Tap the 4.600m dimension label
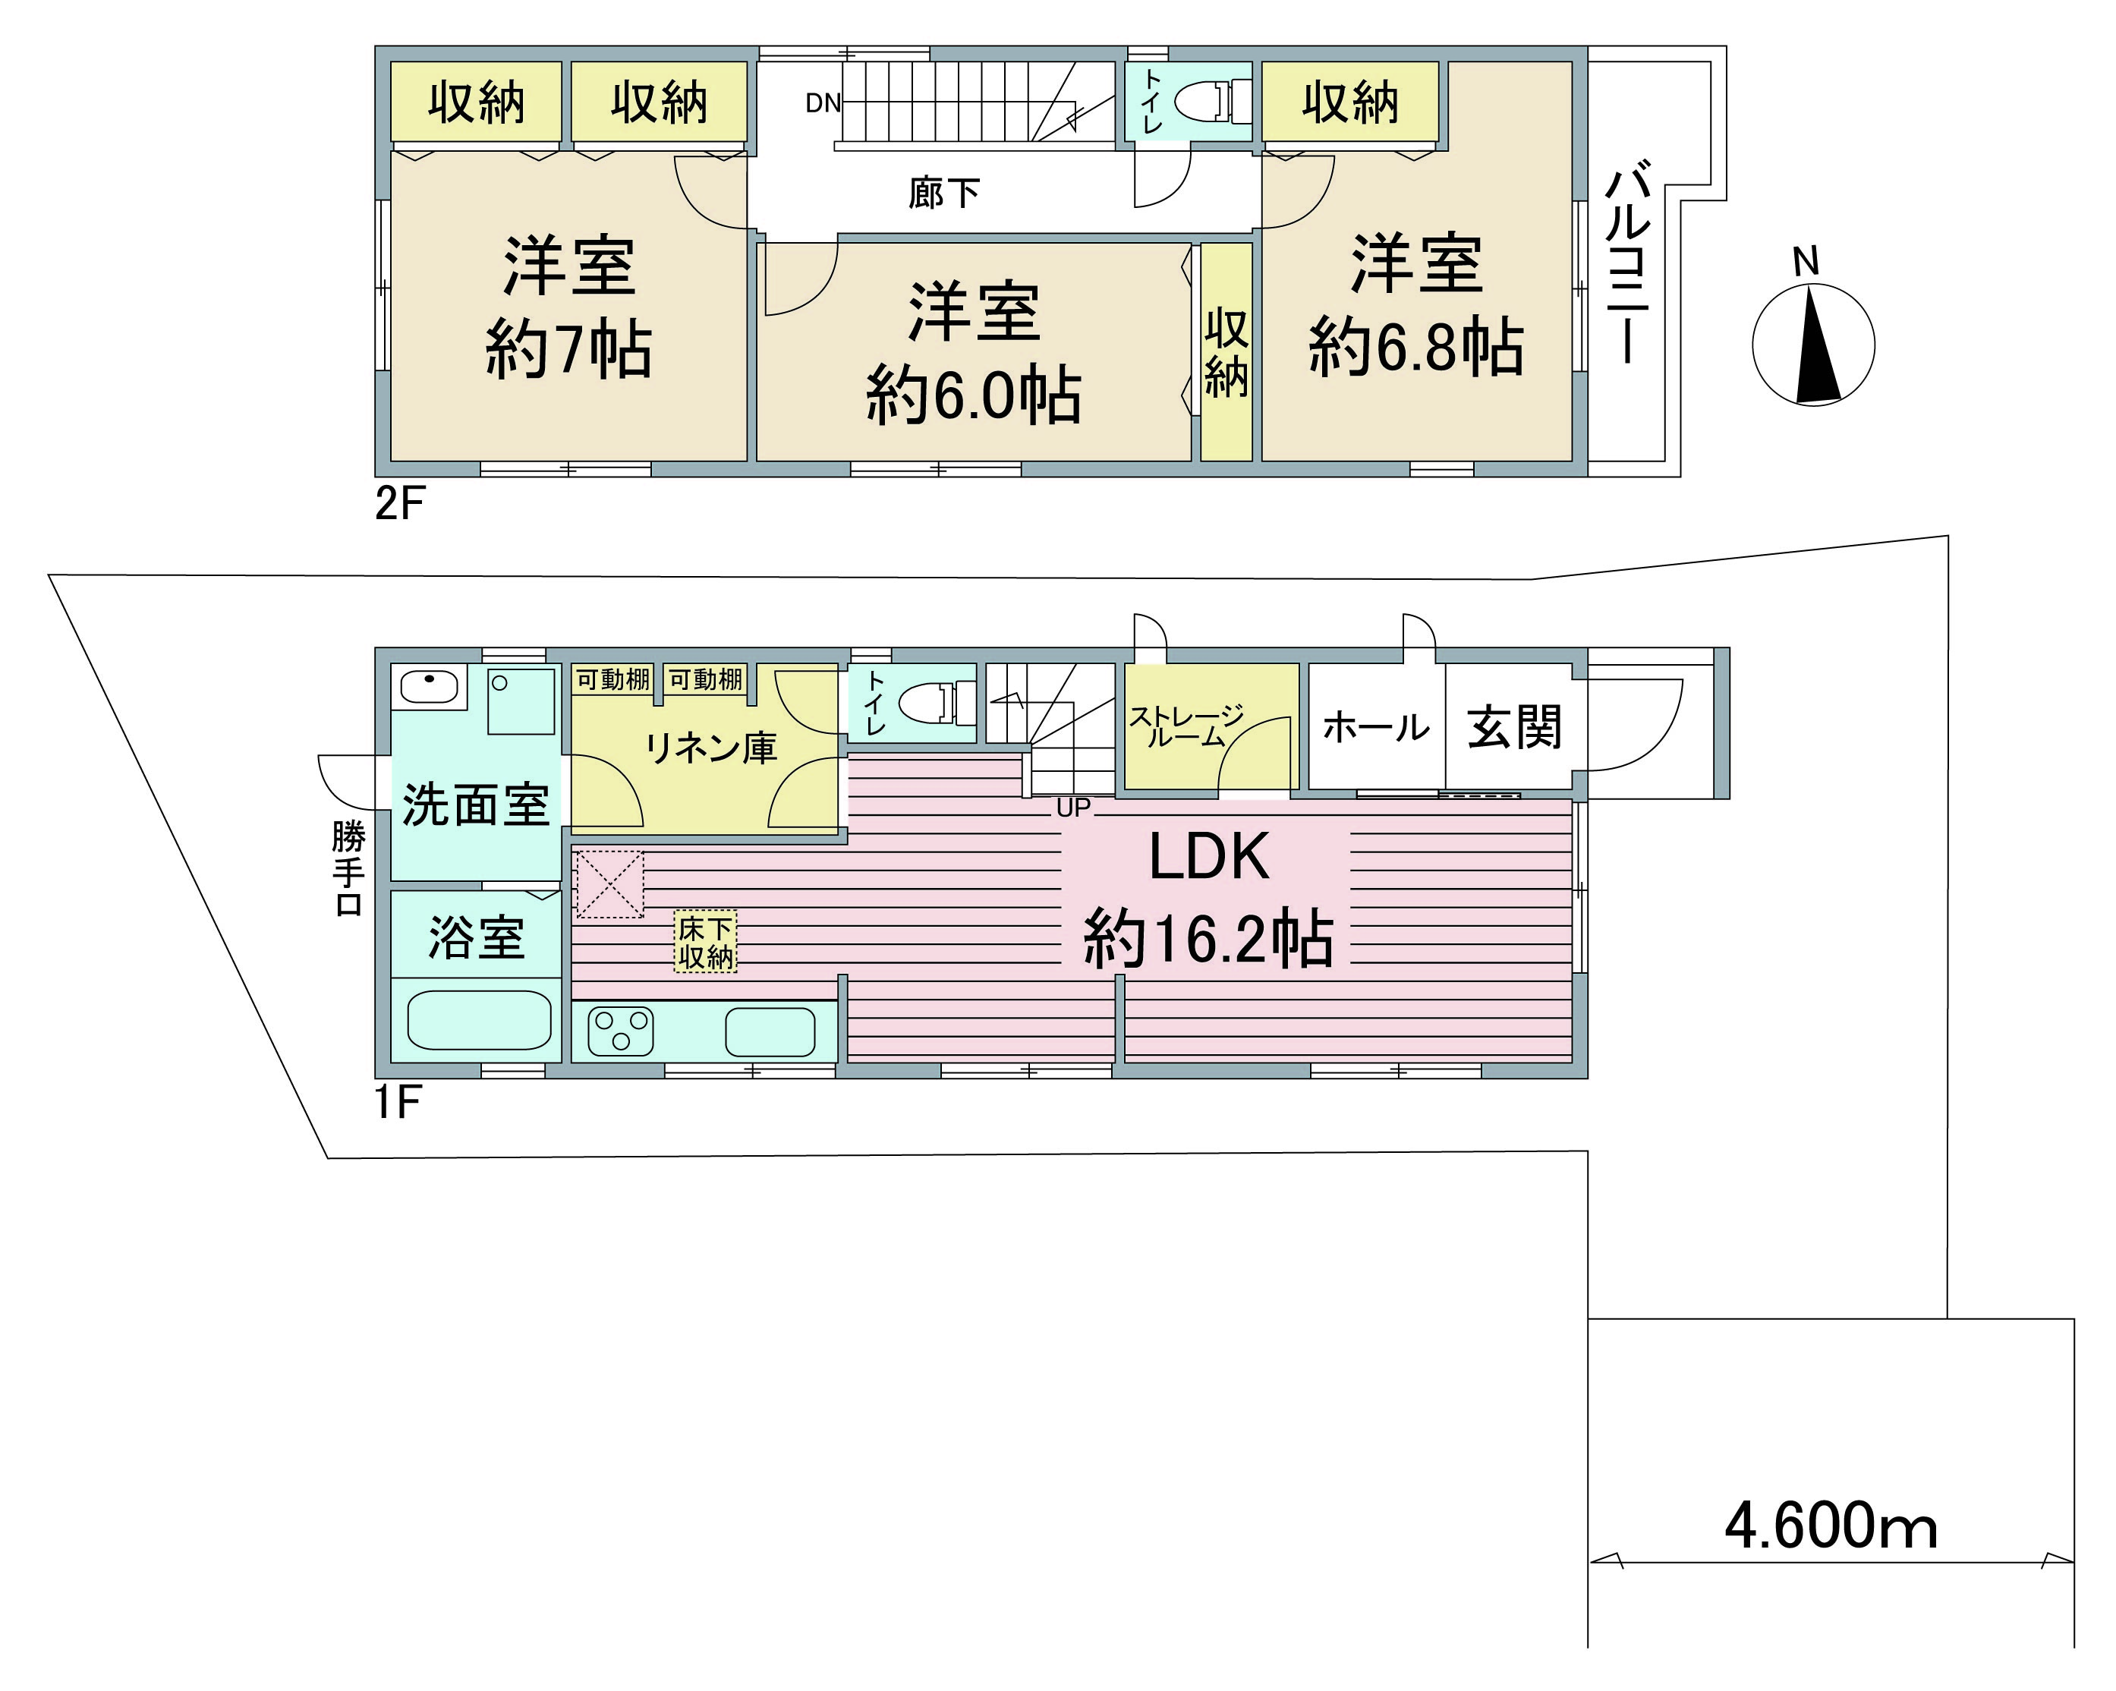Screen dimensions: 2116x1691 (x=1831, y=1526)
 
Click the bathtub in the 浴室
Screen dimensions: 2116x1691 (x=479, y=1020)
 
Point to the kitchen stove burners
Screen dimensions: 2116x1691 (x=620, y=1031)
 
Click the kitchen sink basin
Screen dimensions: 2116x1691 (x=770, y=1031)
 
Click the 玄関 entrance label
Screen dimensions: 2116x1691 (x=1514, y=727)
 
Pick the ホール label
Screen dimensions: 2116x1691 (x=1376, y=728)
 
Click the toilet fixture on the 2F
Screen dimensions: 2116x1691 (x=1213, y=101)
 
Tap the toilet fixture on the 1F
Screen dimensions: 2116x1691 (x=937, y=703)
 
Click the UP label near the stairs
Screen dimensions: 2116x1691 (x=1074, y=808)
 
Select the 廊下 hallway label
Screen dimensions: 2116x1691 (x=944, y=192)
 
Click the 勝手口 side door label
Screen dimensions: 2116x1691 (x=348, y=868)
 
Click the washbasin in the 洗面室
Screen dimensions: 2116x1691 (x=429, y=686)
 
